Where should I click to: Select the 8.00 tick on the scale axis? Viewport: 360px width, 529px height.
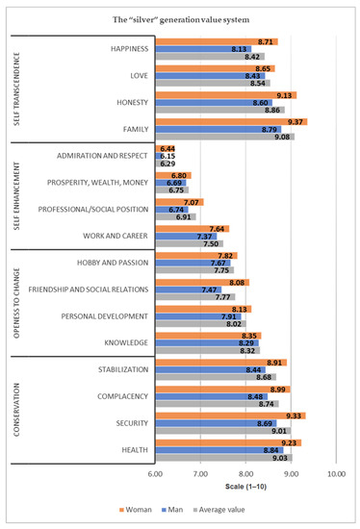coord(245,475)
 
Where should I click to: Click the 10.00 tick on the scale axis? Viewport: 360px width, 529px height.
coord(336,475)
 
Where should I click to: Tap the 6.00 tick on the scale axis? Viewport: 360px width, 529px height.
coord(155,475)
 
